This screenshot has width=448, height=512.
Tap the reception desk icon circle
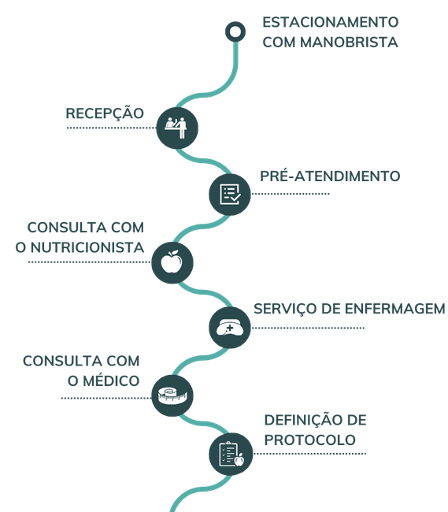[177, 128]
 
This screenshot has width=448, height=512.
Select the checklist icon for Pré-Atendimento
[230, 195]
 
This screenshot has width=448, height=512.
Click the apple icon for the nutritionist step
[172, 262]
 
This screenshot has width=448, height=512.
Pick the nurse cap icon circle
[230, 328]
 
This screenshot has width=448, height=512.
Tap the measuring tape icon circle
[172, 395]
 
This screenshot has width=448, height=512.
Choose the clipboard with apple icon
[231, 454]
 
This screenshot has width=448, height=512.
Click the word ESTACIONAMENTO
[331, 22]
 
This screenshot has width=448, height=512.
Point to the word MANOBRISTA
[349, 42]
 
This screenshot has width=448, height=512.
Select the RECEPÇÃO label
[105, 114]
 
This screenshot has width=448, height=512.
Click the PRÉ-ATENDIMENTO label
[330, 176]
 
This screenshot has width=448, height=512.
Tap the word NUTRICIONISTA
[87, 247]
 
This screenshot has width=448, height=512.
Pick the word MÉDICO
[111, 380]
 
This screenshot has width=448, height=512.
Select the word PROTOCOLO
[309, 440]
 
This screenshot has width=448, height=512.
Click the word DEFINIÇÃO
[302, 421]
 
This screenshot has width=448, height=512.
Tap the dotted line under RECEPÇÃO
[111, 128]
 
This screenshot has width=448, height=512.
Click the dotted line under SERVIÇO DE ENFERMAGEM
[308, 328]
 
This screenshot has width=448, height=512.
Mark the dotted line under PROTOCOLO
[309, 454]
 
